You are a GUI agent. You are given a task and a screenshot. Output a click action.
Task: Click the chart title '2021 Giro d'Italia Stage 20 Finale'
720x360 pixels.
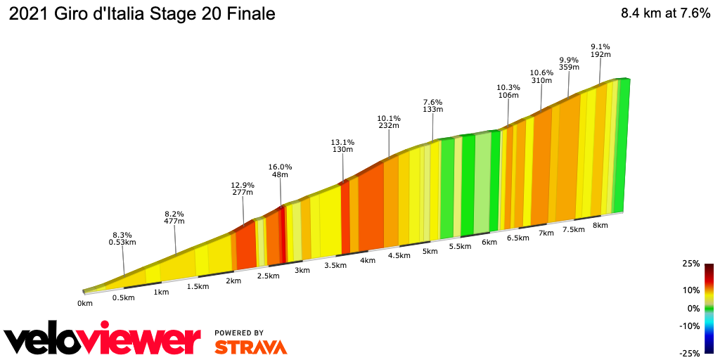point(141,14)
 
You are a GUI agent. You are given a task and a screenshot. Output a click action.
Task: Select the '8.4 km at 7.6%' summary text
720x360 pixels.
point(665,14)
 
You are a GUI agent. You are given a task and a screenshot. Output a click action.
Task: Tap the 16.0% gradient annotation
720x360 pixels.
point(280,171)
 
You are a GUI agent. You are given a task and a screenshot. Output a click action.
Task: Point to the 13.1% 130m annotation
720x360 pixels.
point(342,146)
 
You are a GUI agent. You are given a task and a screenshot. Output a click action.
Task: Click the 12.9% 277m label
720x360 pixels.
point(243,188)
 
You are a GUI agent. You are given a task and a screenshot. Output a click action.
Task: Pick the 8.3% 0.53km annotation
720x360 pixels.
point(122,238)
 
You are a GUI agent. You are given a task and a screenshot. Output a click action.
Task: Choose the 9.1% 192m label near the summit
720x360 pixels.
point(600,51)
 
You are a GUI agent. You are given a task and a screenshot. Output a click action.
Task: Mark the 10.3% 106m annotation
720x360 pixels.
point(508,91)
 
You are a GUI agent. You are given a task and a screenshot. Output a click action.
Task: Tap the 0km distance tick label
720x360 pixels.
point(85,304)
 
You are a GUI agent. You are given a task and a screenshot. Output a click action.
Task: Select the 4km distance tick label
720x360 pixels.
point(367,260)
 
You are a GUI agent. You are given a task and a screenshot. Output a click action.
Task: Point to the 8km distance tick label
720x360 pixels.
point(600,225)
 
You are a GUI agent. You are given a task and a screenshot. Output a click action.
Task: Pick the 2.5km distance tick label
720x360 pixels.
point(268,276)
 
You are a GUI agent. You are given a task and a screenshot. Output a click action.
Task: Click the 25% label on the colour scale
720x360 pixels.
point(690,264)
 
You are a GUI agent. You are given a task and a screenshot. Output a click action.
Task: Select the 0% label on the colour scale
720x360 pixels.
point(693,308)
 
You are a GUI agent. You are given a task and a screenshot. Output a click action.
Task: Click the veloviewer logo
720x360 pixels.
point(103,340)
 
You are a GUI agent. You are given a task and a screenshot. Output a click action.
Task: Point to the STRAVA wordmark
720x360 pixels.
point(250,347)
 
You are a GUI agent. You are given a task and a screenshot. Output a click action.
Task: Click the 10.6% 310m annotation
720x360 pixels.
point(541,77)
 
